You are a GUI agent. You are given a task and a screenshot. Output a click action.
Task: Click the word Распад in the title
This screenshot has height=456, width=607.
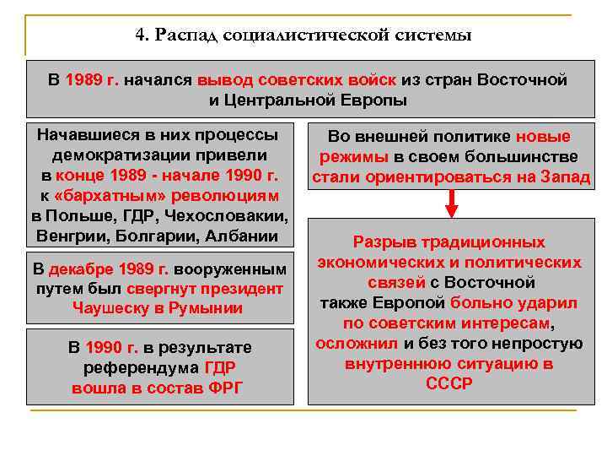pos(187,35)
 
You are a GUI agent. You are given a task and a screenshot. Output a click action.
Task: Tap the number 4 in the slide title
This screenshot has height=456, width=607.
pos(140,35)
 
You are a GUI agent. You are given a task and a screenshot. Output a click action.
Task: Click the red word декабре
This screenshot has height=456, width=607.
pos(83,269)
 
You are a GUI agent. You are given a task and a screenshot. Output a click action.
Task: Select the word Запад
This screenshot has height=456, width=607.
pos(564,176)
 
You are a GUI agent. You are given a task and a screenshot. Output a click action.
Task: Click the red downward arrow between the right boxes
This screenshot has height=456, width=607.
pos(452,204)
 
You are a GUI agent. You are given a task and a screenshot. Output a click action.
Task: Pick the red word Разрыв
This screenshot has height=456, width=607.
pos(380,242)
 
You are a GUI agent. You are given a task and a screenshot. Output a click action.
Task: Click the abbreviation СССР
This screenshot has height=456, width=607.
pos(449,383)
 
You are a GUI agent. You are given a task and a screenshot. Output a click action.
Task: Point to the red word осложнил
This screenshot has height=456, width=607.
pos(357,343)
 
